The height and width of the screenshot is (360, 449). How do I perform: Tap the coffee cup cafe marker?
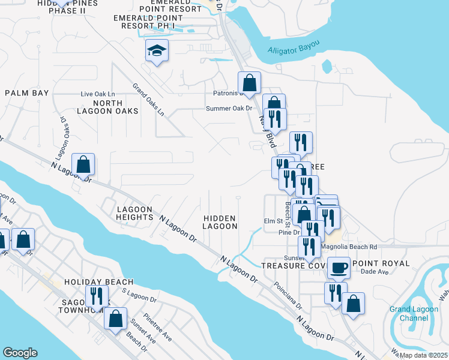coord(339,267)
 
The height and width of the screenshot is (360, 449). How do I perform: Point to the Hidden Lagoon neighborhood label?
coord(220,222)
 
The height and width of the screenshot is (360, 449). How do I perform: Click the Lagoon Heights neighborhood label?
coord(135,212)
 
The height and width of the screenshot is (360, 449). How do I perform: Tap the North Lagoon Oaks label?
coord(107,106)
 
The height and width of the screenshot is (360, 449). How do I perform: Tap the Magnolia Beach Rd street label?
coord(349,247)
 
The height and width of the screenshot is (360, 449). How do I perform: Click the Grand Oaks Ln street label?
coord(148,99)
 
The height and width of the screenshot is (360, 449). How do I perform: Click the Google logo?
coord(20,353)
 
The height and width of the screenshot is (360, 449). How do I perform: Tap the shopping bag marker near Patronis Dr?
coord(249,83)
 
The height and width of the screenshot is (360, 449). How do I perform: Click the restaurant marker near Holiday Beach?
coord(95,295)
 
